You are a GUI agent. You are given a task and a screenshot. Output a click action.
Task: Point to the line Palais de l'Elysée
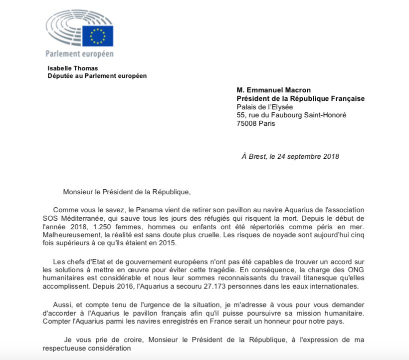tap(272, 106)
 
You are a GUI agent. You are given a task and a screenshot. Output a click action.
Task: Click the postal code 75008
tap(247, 124)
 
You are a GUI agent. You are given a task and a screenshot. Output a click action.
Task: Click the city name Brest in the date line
tap(259, 156)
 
